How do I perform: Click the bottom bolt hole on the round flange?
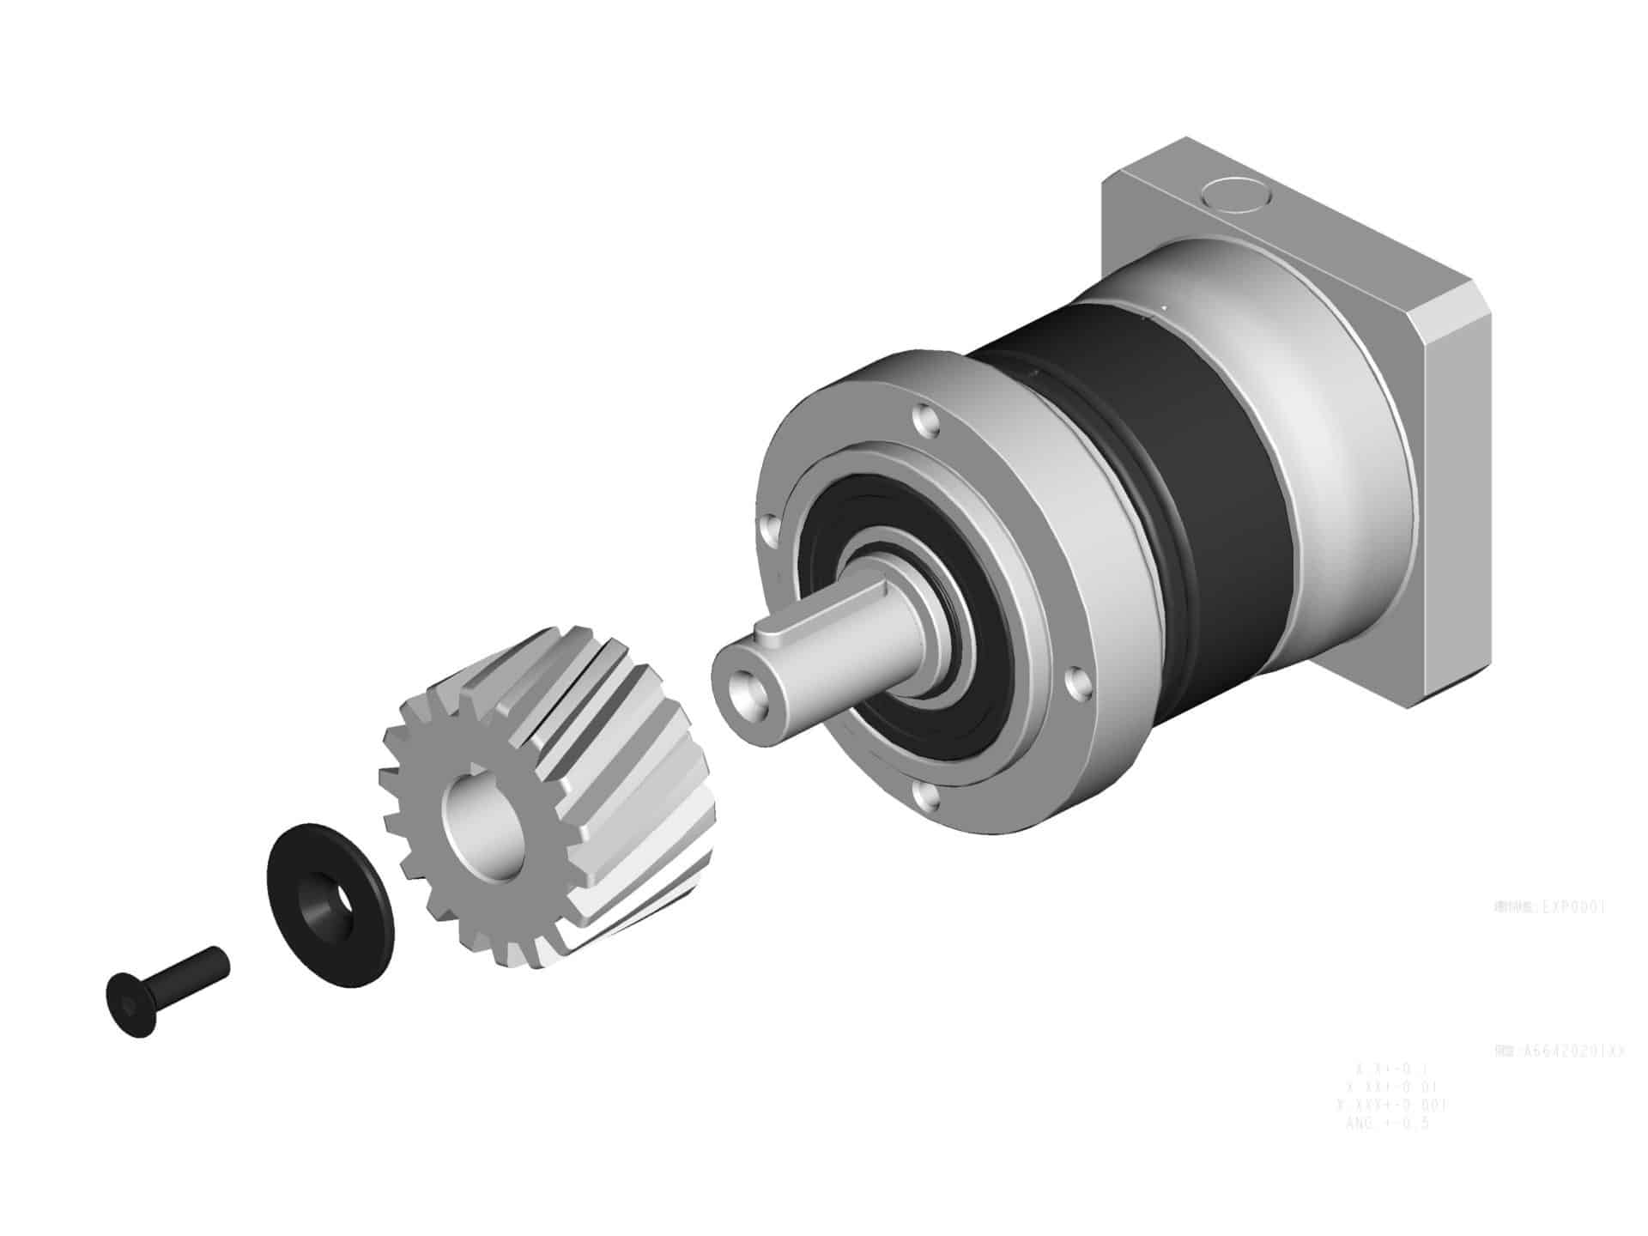coord(924,797)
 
